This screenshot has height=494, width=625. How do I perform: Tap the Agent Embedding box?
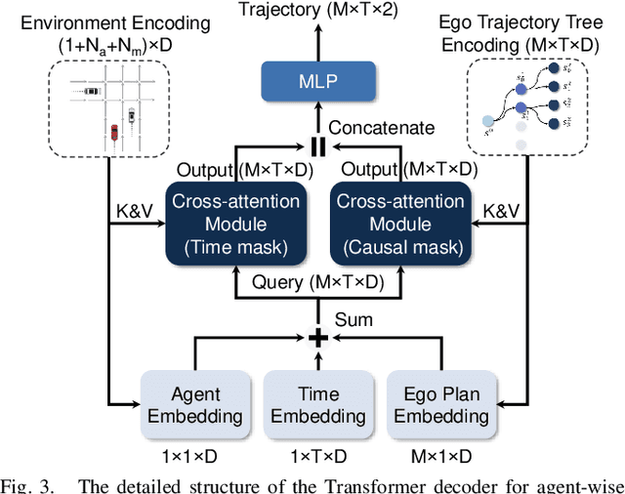click(195, 404)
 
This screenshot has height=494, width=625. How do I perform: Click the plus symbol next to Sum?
click(316, 338)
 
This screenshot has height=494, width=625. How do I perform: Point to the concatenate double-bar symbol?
click(316, 146)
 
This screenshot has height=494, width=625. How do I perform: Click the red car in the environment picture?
click(113, 131)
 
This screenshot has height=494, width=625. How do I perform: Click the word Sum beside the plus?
click(359, 319)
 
